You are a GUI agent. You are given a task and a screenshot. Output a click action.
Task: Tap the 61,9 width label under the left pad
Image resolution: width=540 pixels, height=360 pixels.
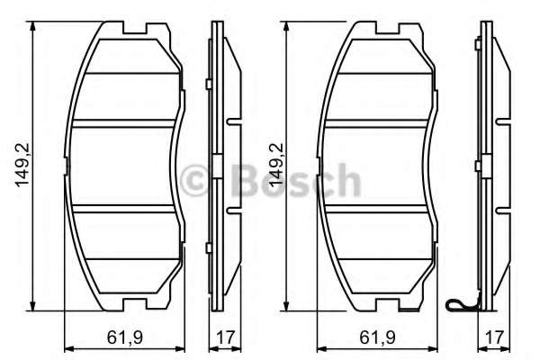[124, 339]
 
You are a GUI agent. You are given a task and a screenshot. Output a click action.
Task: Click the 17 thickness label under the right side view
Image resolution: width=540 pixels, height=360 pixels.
[491, 339]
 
